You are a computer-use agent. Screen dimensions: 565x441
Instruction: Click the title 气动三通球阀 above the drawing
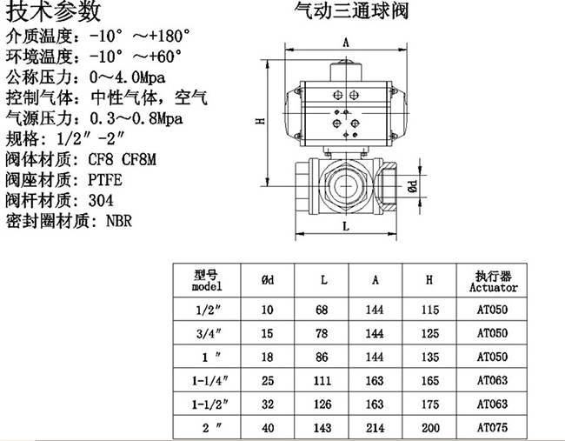pyautogui.click(x=351, y=10)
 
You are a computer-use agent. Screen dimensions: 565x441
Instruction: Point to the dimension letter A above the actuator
pyautogui.click(x=346, y=43)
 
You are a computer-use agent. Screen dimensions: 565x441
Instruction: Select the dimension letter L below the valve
pyautogui.click(x=346, y=226)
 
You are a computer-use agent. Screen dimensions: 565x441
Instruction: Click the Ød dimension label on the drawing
pyautogui.click(x=413, y=186)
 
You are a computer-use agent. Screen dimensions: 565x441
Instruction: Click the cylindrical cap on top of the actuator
pyautogui.click(x=346, y=70)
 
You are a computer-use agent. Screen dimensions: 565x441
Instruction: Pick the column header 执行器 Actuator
pyautogui.click(x=494, y=281)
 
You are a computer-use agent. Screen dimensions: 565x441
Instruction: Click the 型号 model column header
pyautogui.click(x=207, y=281)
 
